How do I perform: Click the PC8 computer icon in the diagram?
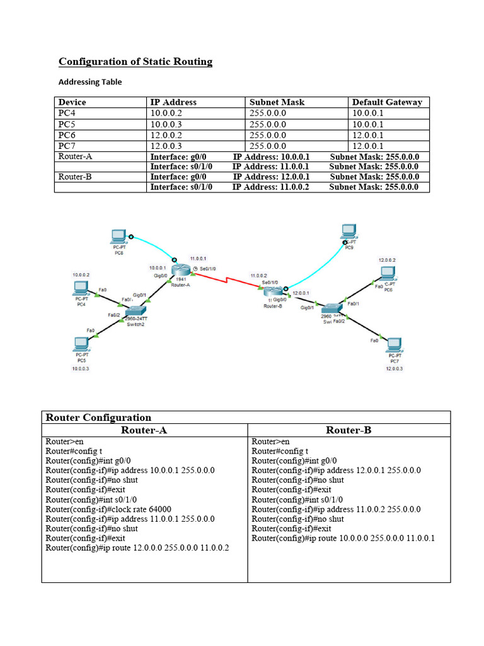pos(118,237)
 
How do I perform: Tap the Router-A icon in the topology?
pos(180,271)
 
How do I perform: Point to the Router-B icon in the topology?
pos(273,291)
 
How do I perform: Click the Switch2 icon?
pos(136,311)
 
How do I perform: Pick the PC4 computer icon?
pos(81,289)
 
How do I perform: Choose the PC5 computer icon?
pos(81,344)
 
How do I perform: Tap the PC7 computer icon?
pos(395,344)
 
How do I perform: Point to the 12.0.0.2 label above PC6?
pos(387,260)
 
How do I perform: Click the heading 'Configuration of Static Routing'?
pos(135,61)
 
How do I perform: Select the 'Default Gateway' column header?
pos(387,102)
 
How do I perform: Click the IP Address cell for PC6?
pos(166,135)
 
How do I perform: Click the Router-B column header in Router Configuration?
pos(349,430)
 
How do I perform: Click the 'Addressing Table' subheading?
pos(90,82)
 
